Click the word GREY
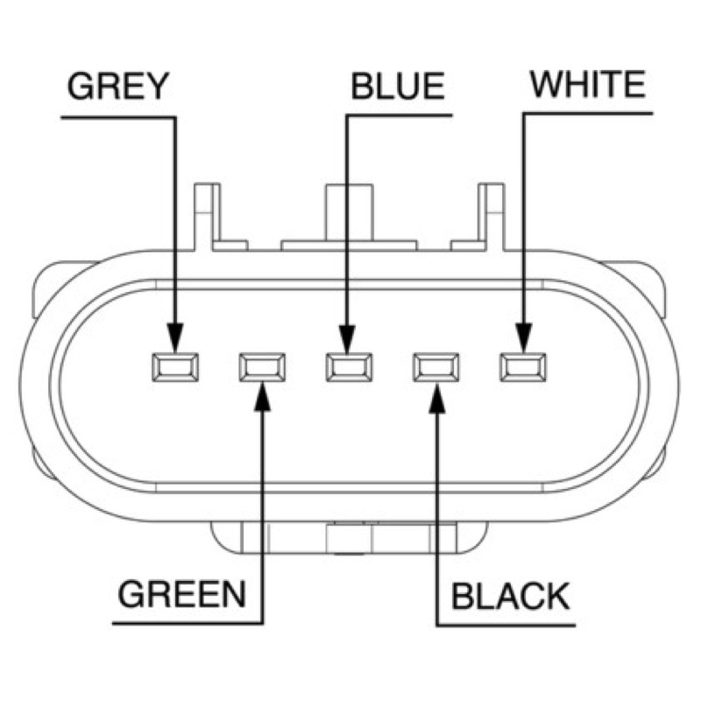[118, 86]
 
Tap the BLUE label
[398, 86]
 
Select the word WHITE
[588, 84]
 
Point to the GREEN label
[181, 594]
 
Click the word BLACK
[511, 596]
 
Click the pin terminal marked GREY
[175, 367]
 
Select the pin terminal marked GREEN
[262, 367]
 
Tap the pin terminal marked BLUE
[349, 367]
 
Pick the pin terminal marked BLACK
[435, 367]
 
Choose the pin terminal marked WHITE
[522, 367]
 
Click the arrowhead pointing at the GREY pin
[174, 338]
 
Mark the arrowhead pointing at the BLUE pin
[347, 338]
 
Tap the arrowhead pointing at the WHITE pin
[523, 338]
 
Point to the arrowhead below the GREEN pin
[262, 397]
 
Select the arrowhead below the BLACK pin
[437, 398]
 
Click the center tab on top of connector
[349, 216]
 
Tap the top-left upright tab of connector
[208, 216]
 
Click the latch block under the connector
[349, 537]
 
